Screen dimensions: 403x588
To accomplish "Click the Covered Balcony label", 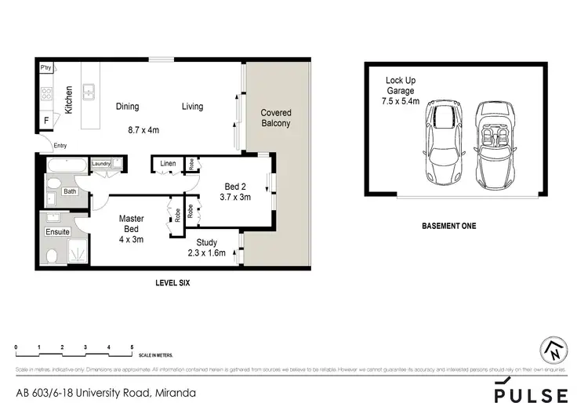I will tap(275, 118).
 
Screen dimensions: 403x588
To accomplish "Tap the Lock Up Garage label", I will tap(401, 90).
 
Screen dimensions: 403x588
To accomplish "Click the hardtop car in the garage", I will tap(441, 142).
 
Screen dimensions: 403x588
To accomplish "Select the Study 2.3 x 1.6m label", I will tap(207, 248).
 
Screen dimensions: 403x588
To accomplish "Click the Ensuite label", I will tap(57, 232).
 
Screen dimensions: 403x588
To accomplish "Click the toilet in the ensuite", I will tap(53, 256).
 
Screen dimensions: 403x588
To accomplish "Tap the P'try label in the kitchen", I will tap(46, 68).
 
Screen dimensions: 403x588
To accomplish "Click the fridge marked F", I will tap(46, 121).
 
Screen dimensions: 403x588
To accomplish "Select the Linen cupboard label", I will tap(168, 163).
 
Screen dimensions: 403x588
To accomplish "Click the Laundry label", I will tap(101, 164).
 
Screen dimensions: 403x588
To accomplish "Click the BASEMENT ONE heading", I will tap(448, 226).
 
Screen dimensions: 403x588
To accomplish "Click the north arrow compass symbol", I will tap(554, 350).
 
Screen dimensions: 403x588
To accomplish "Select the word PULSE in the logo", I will tap(531, 391).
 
